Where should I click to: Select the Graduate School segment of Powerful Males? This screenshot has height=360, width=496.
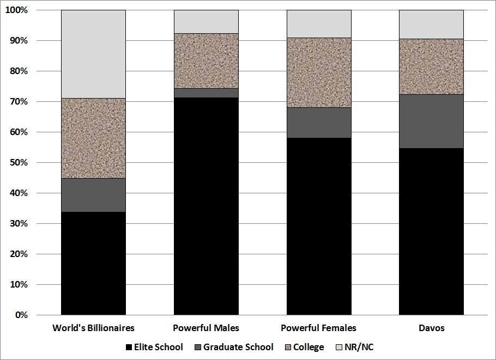206,93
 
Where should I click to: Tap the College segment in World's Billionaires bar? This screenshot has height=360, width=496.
93,138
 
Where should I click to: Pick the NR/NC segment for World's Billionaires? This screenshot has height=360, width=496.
93,54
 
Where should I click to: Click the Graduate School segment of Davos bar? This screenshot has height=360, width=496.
431,121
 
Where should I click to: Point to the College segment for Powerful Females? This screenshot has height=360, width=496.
319,72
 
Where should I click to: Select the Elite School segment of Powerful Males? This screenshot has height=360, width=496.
206,206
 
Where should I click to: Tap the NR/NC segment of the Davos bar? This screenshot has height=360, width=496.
431,25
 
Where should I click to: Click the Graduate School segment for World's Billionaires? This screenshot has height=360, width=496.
93,195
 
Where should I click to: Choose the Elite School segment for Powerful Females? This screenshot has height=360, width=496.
319,227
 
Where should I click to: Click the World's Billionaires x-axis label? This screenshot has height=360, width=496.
93,328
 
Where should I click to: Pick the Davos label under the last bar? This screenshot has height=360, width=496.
431,328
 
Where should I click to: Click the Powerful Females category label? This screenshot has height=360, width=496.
319,328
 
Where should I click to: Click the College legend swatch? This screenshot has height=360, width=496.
288,347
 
